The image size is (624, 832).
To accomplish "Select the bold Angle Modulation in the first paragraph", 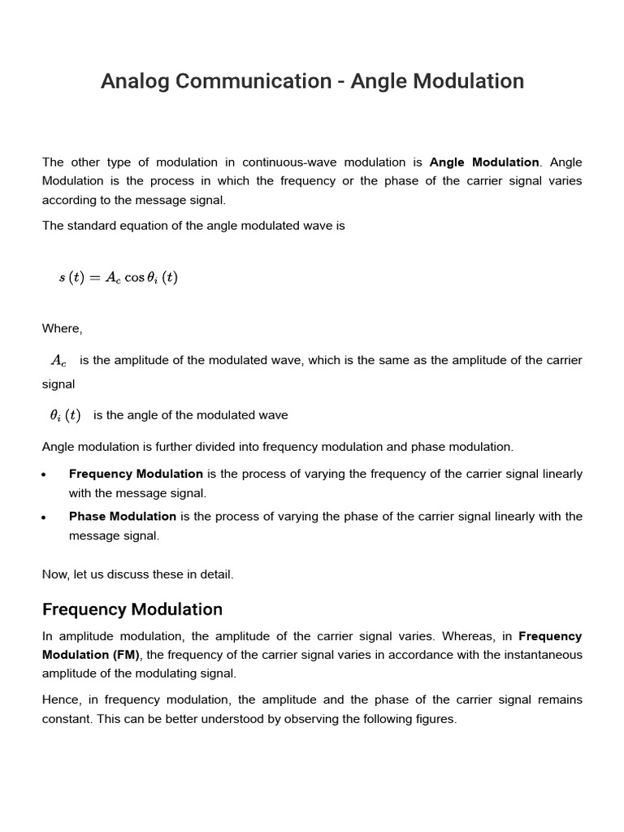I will click(x=484, y=162).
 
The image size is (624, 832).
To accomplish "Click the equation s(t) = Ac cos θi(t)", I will click(x=118, y=277).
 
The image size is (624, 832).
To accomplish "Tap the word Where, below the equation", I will click(x=63, y=328).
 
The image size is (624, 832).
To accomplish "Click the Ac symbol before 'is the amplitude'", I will click(x=58, y=360).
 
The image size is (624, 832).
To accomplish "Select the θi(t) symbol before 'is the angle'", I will click(x=65, y=415).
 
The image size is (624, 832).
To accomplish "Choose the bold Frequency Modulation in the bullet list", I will click(x=136, y=474).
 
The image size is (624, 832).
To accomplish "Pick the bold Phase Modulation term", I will click(x=123, y=516).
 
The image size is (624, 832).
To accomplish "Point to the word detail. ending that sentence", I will click(x=214, y=574).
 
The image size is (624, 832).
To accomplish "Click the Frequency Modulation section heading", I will click(x=132, y=609).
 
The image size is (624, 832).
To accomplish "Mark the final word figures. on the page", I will click(x=435, y=719).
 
